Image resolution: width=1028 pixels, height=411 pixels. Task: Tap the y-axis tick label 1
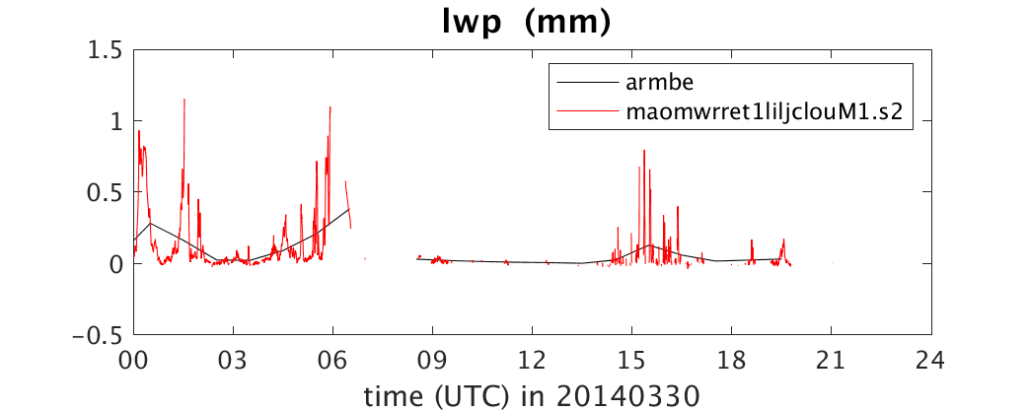[x=118, y=122]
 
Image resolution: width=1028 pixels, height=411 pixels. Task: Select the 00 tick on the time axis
[x=134, y=360]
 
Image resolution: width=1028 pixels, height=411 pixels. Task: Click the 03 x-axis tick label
[x=234, y=360]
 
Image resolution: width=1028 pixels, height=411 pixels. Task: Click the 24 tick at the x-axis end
[x=931, y=360]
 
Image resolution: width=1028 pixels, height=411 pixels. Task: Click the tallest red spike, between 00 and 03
[x=184, y=100]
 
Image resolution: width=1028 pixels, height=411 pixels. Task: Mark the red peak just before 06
[x=330, y=107]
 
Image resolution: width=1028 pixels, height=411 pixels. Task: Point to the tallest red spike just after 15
[x=644, y=151]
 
